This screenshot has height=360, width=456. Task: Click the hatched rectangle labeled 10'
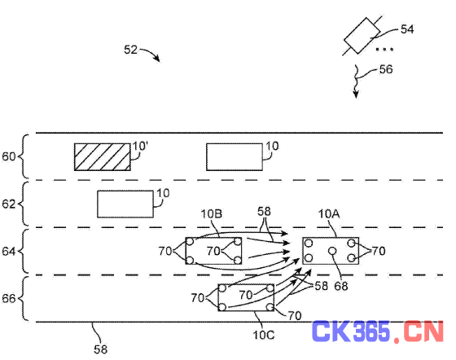(x=103, y=156)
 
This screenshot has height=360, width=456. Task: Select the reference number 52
(x=130, y=50)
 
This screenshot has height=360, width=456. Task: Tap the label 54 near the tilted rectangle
(x=407, y=29)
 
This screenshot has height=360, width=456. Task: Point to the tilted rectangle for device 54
(x=362, y=36)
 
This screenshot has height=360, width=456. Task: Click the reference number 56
(x=386, y=69)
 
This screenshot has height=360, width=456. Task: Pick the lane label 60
(x=8, y=156)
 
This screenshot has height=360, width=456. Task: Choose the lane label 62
(x=8, y=204)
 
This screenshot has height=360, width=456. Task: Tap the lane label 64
(x=8, y=251)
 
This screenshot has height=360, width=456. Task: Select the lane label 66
(x=8, y=299)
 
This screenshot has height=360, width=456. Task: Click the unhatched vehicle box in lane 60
(x=235, y=156)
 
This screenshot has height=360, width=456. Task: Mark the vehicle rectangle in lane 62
(x=125, y=204)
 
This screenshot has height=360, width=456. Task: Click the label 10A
(x=329, y=214)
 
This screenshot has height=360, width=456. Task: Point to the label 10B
(x=212, y=214)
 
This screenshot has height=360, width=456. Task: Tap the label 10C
(x=264, y=335)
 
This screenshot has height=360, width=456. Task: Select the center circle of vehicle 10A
(x=332, y=251)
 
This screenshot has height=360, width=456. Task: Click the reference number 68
(x=341, y=286)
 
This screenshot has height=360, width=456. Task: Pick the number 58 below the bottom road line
(x=101, y=349)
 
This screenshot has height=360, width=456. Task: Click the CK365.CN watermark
(x=378, y=331)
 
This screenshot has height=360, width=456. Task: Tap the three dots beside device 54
(x=384, y=50)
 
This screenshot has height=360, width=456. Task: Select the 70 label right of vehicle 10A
(x=379, y=251)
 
